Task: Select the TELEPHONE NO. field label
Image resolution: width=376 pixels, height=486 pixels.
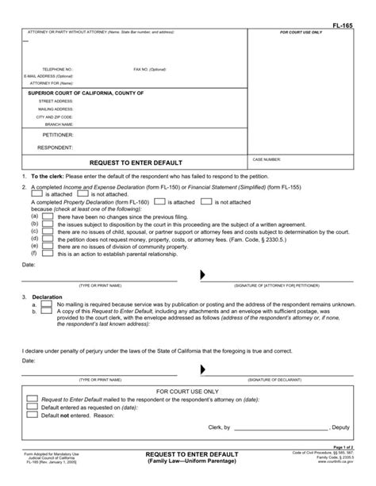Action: pyautogui.click(x=58, y=69)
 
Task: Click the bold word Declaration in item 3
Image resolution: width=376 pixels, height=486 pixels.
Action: pyautogui.click(x=47, y=297)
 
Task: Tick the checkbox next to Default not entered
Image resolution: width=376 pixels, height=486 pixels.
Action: pyautogui.click(x=32, y=414)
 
